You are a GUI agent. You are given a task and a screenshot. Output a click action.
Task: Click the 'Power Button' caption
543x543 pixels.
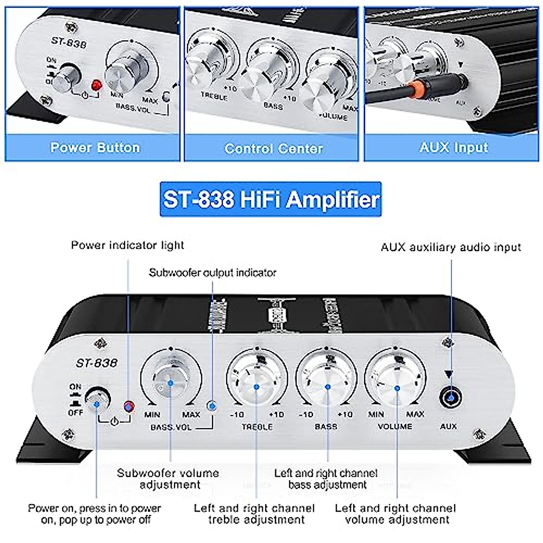point(95,148)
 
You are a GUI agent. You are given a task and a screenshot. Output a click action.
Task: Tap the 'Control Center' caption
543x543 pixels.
point(273,148)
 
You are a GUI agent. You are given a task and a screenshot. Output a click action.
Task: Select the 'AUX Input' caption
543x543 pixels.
point(453,148)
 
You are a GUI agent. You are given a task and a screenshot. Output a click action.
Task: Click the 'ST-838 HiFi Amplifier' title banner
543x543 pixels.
point(271,199)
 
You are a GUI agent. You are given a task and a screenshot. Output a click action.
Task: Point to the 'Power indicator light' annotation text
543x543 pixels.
point(128,245)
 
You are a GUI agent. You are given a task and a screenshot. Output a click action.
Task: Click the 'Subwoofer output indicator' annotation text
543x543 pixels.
point(212,272)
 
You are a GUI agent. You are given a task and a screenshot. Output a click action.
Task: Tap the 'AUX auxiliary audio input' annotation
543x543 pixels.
point(451,247)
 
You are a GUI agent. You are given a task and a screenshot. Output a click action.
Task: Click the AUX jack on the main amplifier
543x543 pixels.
point(451,398)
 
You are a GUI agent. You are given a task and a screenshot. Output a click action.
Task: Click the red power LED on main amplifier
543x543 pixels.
point(129,406)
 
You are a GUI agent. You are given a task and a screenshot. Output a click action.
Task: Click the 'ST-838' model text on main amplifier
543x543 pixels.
point(96,363)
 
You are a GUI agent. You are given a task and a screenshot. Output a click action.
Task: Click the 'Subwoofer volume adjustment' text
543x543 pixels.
point(168,479)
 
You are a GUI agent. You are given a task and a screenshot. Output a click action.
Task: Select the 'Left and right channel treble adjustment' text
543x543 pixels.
point(254,514)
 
